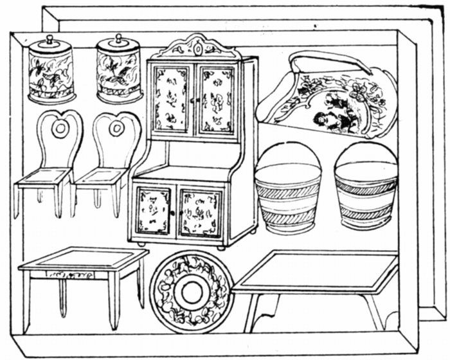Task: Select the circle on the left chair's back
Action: pos(60,129)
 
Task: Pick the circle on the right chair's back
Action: pos(116,129)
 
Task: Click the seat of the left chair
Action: pos(44,175)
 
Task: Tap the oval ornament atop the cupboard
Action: pos(196,48)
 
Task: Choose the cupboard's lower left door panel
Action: pos(153,210)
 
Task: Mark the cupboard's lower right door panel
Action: pos(200,213)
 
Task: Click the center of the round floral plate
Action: pos(191,292)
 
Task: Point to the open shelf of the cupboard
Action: pos(188,157)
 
